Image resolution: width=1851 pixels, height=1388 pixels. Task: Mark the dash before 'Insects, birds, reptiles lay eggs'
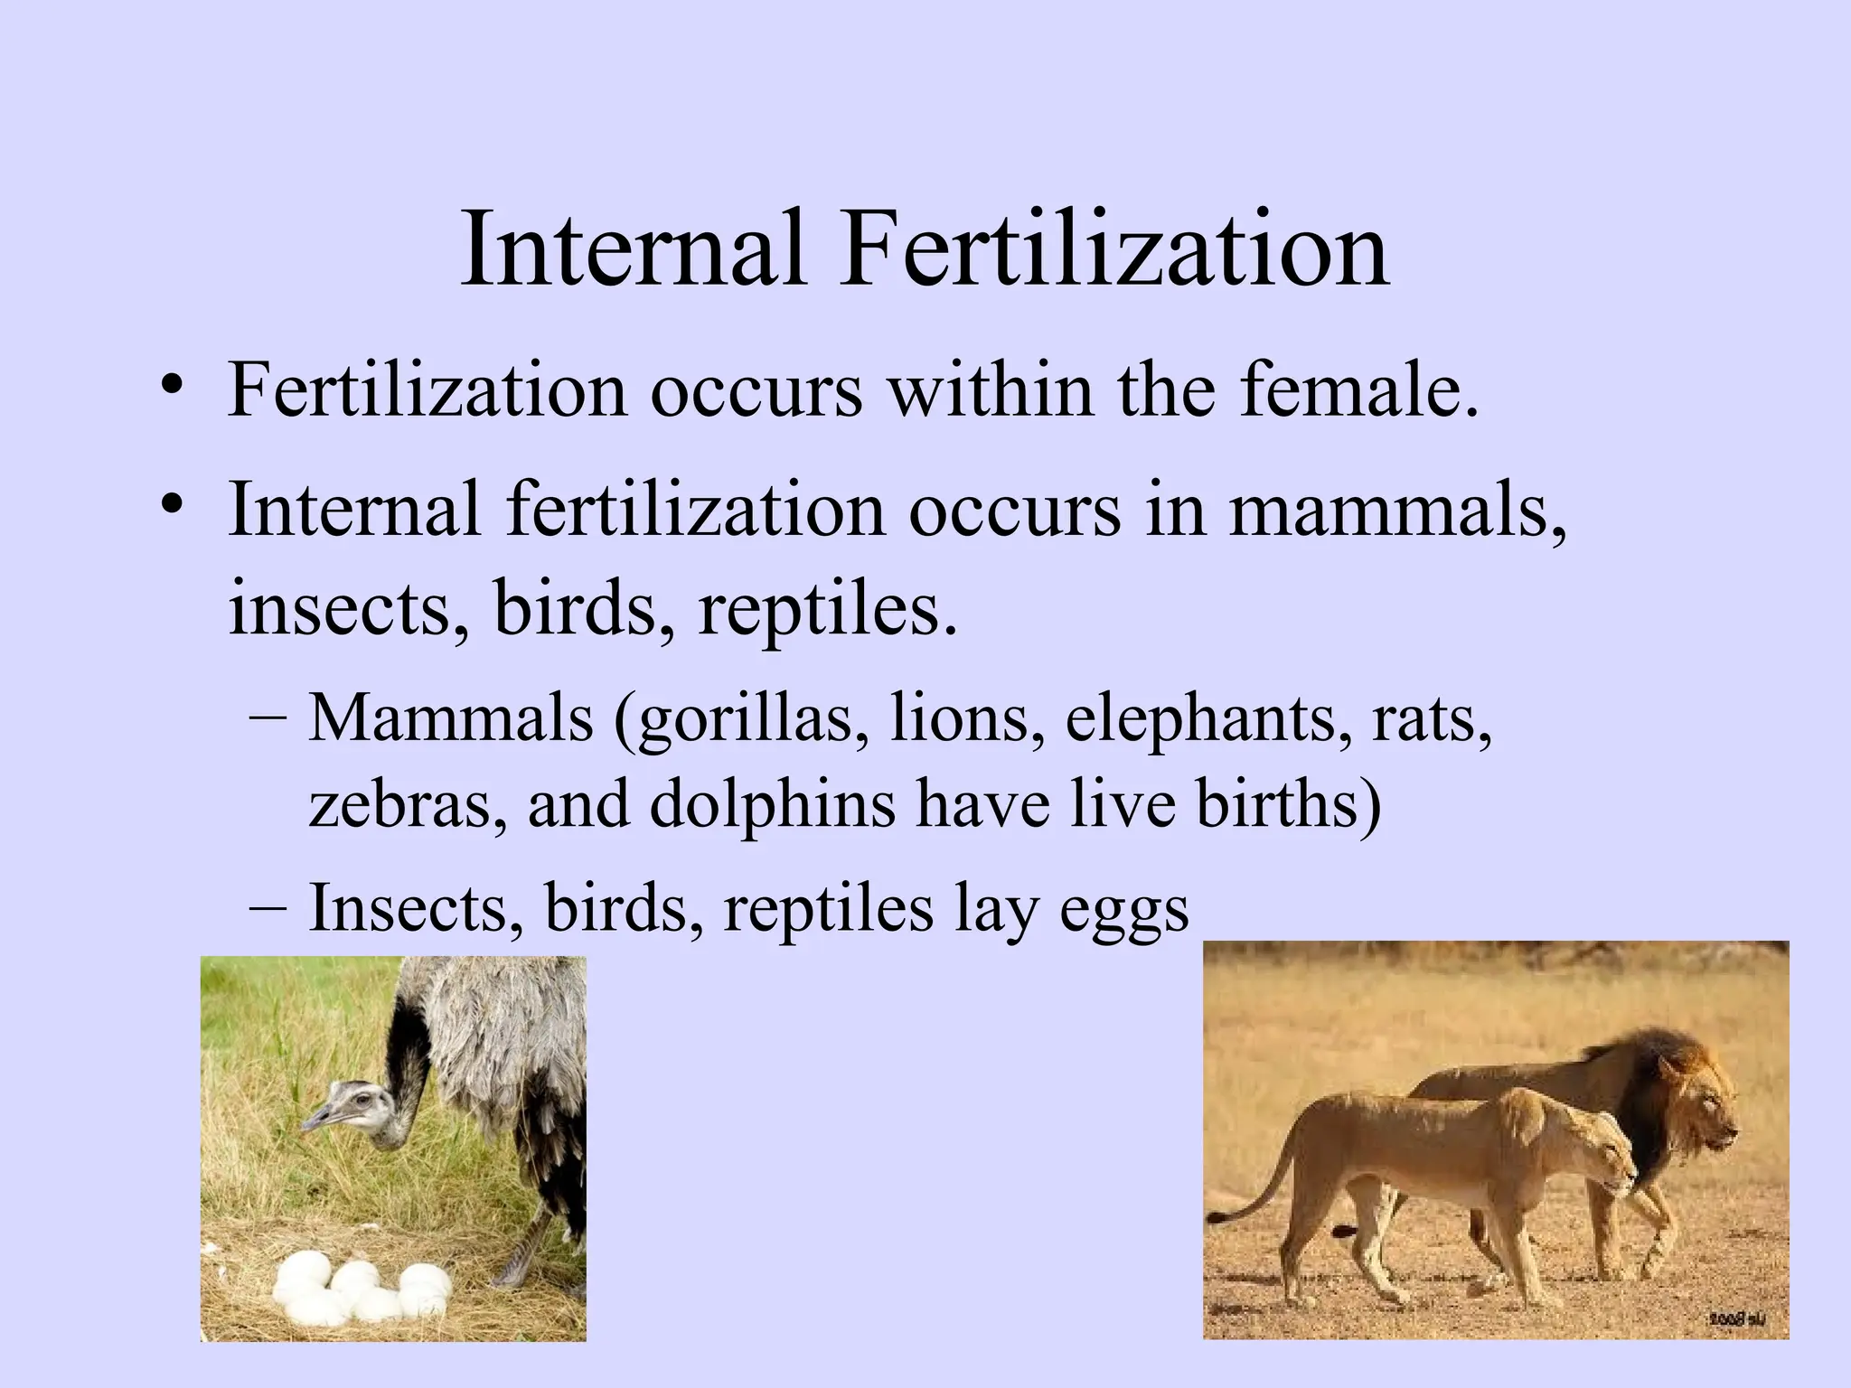(x=268, y=906)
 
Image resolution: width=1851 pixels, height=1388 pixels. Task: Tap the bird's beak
(x=315, y=1121)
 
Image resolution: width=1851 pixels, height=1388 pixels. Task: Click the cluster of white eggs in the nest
(x=362, y=1288)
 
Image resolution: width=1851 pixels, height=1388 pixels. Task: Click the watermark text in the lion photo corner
(x=1735, y=1320)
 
